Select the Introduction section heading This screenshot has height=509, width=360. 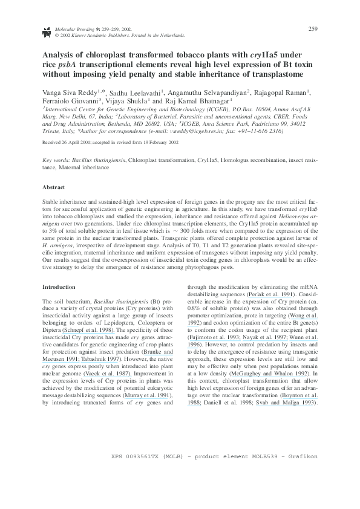(x=59, y=286)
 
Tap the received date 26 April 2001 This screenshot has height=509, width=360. (x=71, y=143)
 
